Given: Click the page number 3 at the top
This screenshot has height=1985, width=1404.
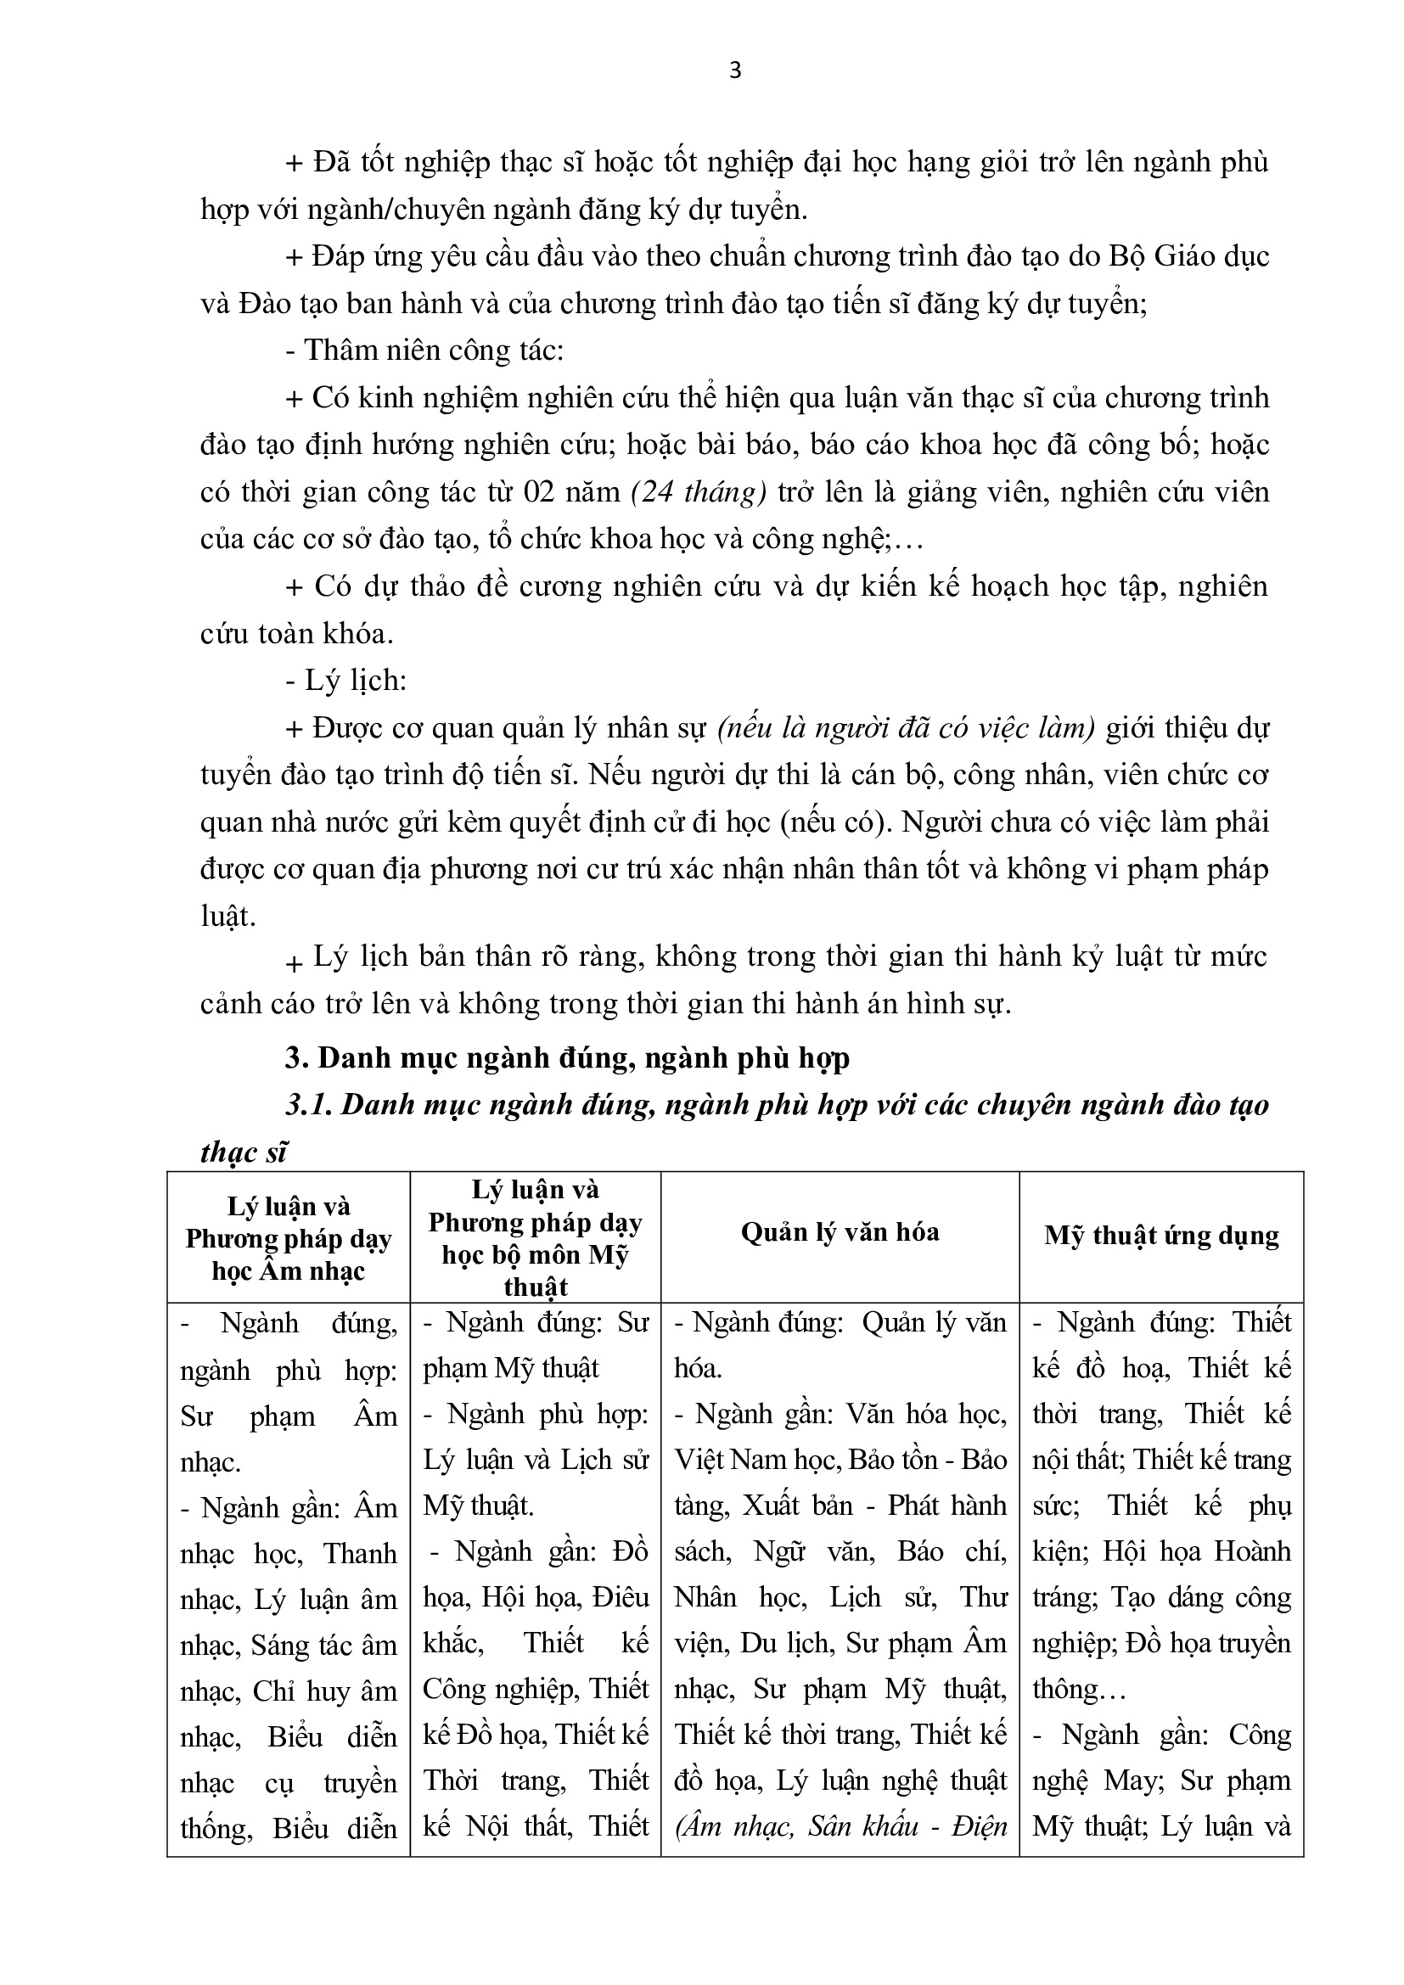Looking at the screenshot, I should coord(735,71).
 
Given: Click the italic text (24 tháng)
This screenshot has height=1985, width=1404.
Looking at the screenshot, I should coord(699,492).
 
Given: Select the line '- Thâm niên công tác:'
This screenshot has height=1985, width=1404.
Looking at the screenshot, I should coord(424,350).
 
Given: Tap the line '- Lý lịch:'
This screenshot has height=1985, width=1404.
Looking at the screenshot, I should coord(345,681).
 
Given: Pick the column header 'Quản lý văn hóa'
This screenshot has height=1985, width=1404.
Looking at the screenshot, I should coord(840,1231).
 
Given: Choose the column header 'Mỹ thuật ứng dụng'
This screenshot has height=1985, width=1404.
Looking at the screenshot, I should coord(1161,1235).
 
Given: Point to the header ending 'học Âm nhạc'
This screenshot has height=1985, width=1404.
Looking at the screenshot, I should coord(288,1271).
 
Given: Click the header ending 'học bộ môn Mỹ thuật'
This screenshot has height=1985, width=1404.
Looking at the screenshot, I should coord(535,1270).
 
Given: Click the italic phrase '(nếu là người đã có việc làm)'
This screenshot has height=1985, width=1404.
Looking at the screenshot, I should coord(906,728).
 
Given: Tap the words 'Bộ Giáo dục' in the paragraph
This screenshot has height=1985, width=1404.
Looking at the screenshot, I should coord(1186,256).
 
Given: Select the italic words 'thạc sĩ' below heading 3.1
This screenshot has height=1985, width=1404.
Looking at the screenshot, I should coord(244,1152).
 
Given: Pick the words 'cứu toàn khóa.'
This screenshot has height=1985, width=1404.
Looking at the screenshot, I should coord(296,634).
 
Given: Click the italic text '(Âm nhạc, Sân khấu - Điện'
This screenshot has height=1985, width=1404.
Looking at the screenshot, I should coord(840,1826).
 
